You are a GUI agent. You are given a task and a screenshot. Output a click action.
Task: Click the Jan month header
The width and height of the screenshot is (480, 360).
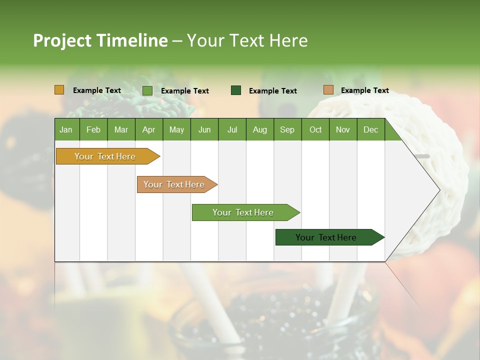pos(66,129)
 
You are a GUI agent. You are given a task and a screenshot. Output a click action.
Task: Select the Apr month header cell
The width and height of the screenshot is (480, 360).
pos(148,129)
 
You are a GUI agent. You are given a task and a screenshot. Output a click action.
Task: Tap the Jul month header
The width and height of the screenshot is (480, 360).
pos(232,129)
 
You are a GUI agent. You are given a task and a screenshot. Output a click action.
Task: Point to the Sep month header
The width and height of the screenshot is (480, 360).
pos(287,129)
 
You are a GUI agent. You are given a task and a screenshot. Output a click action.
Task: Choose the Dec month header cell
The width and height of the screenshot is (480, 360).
pos(370,129)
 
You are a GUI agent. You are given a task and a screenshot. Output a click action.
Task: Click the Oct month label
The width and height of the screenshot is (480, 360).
pos(315,129)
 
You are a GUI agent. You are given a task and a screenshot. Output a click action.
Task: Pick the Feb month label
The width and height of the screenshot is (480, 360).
pos(93,129)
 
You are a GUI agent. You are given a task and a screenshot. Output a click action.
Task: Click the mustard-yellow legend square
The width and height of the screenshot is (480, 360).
pos(59,90)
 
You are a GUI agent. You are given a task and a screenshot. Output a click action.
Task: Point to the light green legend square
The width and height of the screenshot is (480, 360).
pos(147,90)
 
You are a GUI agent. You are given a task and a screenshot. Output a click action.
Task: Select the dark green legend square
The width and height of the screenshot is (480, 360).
pos(236,90)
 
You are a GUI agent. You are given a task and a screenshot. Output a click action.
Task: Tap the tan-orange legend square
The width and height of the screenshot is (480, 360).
pos(328,90)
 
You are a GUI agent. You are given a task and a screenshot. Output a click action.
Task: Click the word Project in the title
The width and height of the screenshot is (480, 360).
pos(63,40)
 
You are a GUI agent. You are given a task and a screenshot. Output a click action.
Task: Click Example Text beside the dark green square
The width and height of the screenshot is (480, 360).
pos(272,90)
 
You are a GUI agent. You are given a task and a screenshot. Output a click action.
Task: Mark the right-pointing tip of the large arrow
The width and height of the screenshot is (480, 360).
pos(439,189)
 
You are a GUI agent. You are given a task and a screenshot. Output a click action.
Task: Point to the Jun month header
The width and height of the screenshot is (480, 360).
pos(204,129)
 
